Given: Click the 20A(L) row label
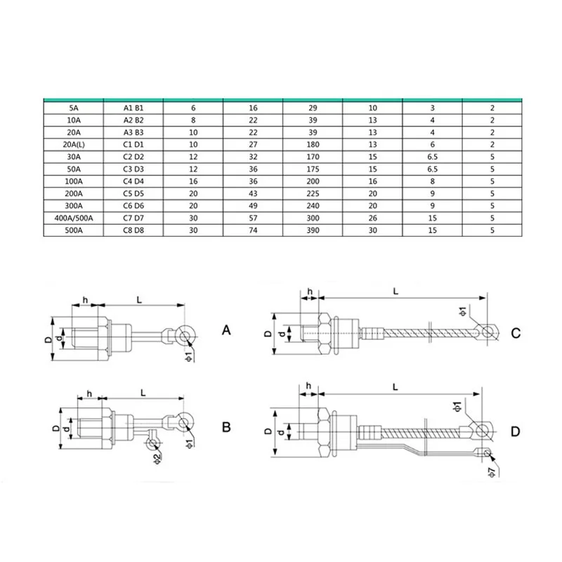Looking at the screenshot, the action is [74, 145].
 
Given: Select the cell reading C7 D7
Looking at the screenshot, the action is [133, 218].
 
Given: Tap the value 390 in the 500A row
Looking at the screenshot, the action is [313, 230].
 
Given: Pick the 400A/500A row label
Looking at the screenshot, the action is [74, 218].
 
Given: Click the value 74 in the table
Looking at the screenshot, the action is [253, 230].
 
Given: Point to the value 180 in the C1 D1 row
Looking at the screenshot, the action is [313, 145].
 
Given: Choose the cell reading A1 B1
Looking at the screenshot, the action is [133, 108].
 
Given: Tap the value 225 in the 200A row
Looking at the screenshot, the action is [313, 194].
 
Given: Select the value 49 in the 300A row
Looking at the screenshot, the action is [253, 206].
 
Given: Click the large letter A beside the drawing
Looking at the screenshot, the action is [226, 329].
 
